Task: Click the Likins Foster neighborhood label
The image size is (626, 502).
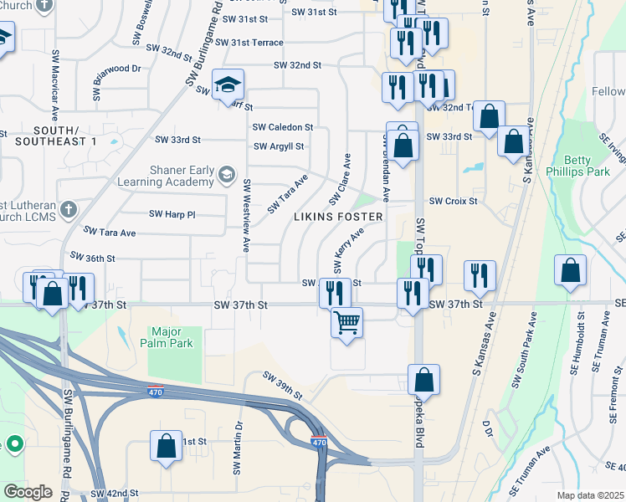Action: click(338, 217)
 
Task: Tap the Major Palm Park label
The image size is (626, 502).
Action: click(172, 337)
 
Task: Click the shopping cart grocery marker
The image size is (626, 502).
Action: click(346, 321)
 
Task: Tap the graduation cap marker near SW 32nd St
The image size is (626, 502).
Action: click(228, 84)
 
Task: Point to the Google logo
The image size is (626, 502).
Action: click(28, 492)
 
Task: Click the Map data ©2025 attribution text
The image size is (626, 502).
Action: click(590, 495)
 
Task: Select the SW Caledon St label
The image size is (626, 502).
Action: click(283, 127)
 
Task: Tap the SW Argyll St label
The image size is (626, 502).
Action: click(279, 146)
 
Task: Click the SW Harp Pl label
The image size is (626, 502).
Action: click(172, 214)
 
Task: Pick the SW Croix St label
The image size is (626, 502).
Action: click(453, 201)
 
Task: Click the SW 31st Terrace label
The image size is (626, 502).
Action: click(249, 42)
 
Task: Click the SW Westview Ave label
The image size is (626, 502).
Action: click(246, 215)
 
